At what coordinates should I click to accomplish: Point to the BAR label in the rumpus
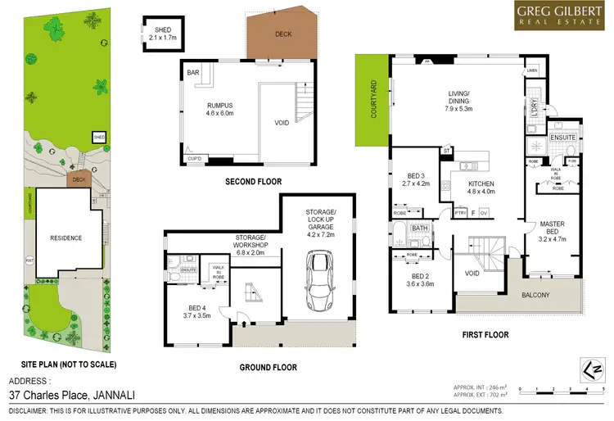pyautogui.click(x=193, y=73)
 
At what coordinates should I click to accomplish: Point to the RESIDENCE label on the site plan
pyautogui.click(x=65, y=238)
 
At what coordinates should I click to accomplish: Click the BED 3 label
pyautogui.click(x=415, y=179)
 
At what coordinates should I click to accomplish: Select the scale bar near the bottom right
pyautogui.click(x=569, y=387)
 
